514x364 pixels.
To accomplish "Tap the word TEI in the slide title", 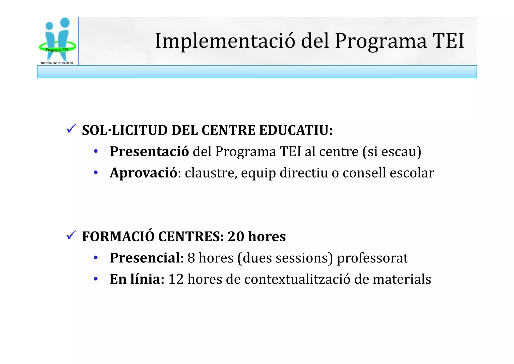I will (448, 41).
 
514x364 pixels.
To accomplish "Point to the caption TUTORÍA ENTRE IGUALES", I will (57, 63).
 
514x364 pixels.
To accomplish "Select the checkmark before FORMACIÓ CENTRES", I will (71, 235).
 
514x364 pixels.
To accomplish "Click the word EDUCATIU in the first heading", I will (296, 130).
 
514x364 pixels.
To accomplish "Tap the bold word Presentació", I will (149, 152).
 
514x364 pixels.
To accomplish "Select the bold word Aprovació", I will (144, 173).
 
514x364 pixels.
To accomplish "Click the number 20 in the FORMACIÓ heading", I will (236, 237).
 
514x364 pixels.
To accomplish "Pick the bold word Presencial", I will (145, 258).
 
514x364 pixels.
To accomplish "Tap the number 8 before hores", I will (191, 258).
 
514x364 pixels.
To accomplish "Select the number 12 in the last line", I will (176, 279).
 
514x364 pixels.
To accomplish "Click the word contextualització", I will (297, 279).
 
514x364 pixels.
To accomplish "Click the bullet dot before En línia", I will (96, 279).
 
